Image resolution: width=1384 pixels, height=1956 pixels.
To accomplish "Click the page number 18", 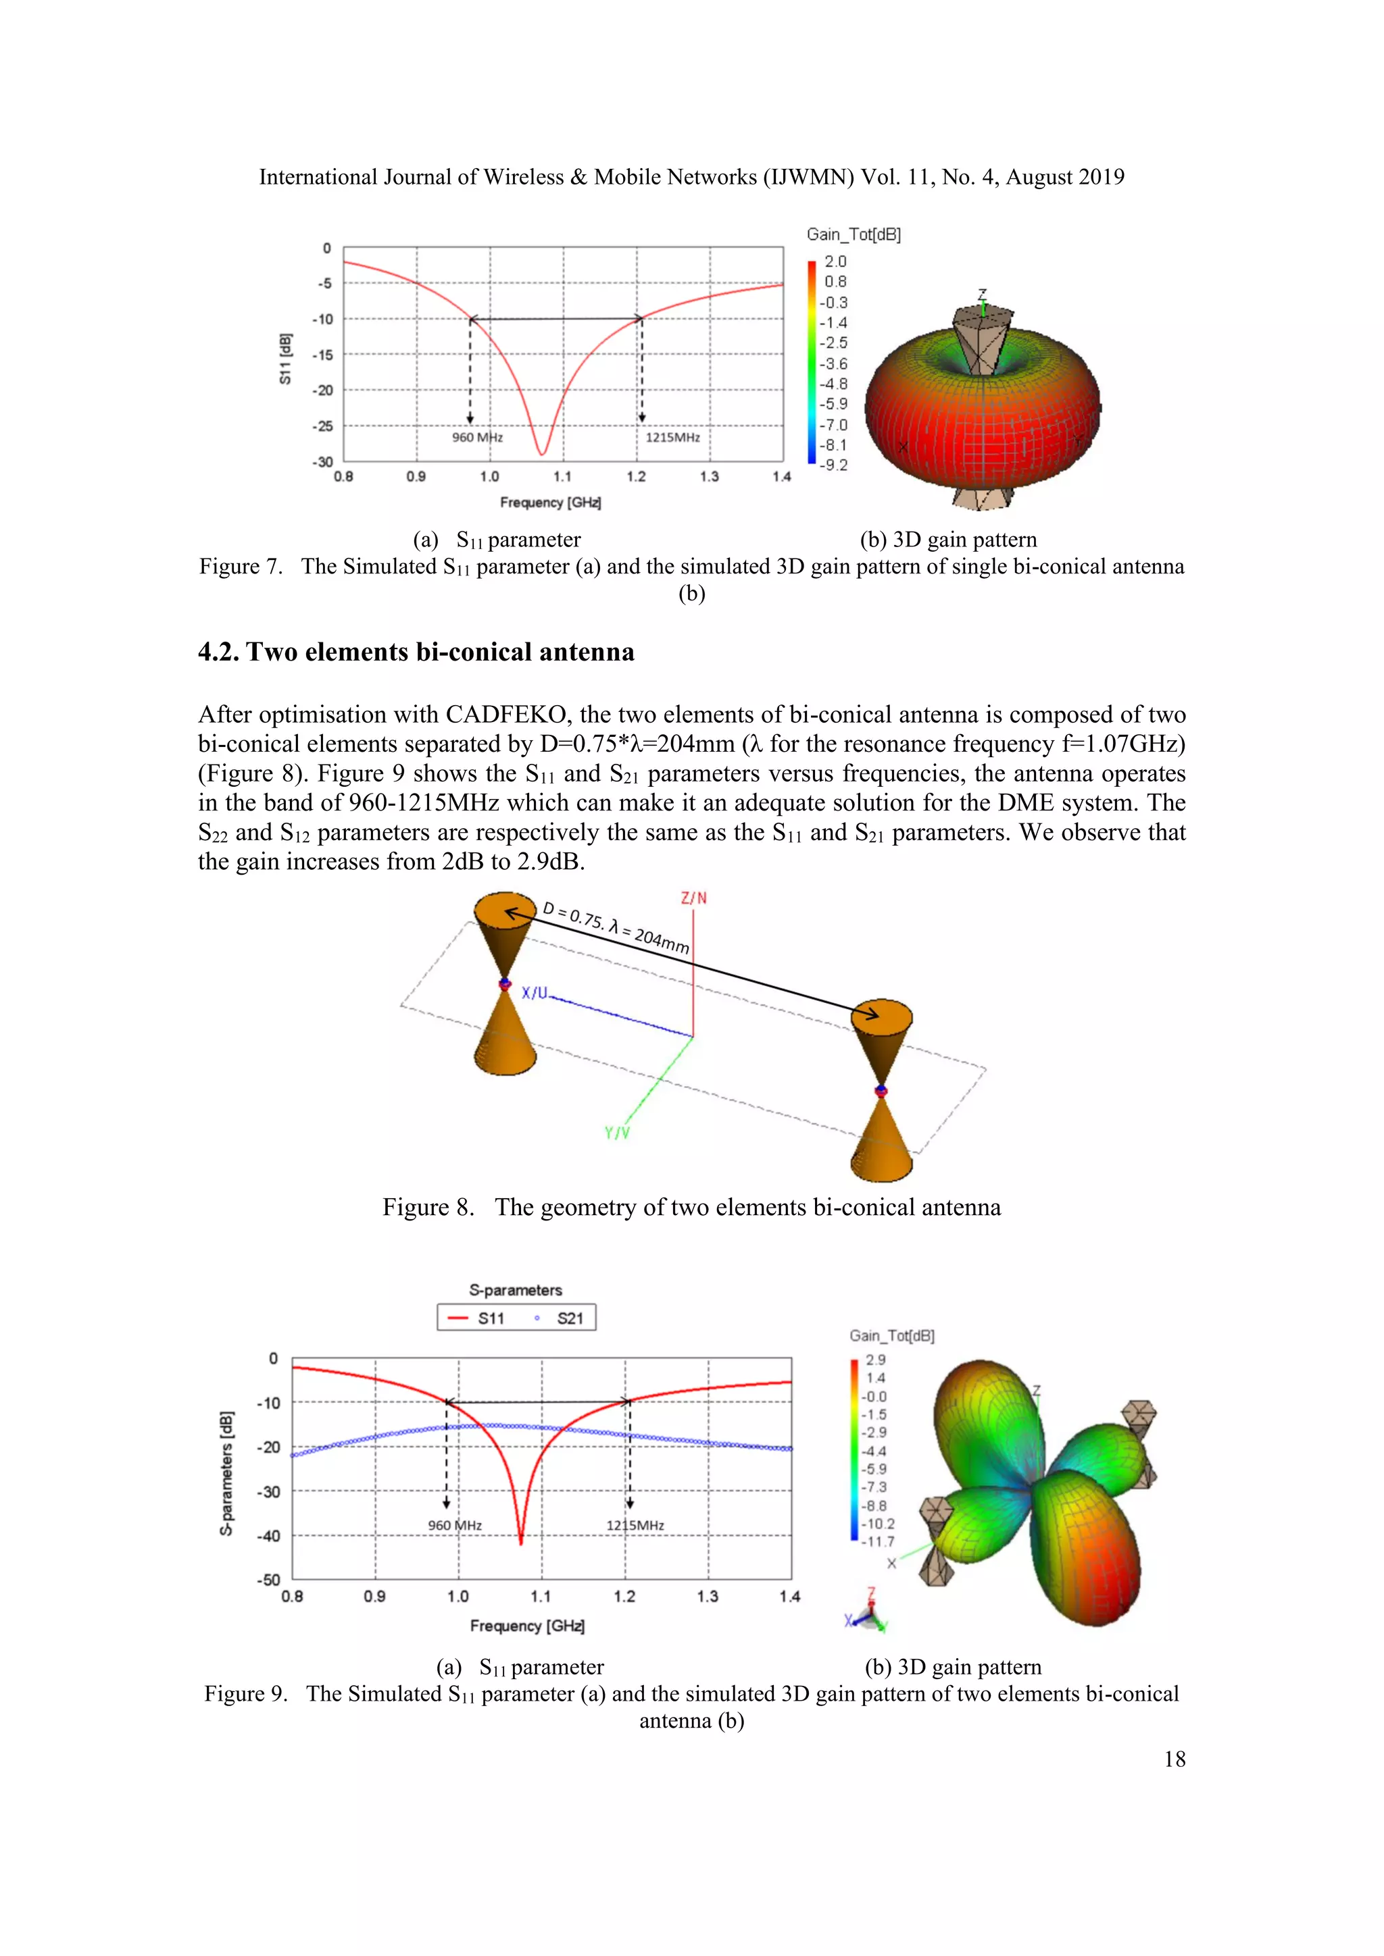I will click(x=1174, y=1759).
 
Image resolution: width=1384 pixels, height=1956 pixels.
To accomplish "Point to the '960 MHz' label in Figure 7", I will click(x=477, y=437).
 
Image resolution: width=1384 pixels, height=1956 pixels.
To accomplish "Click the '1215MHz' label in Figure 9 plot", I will click(x=635, y=1525).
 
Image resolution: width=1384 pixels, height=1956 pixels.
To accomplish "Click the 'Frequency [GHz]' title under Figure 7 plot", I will click(x=551, y=503).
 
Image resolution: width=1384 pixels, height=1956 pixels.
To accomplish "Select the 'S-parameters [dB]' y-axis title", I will click(x=226, y=1473).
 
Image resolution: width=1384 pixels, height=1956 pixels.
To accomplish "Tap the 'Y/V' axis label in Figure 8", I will click(x=617, y=1133).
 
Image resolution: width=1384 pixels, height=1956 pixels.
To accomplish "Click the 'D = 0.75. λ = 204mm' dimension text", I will click(x=616, y=928).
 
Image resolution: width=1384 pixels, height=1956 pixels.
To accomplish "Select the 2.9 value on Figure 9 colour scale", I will click(x=875, y=1360).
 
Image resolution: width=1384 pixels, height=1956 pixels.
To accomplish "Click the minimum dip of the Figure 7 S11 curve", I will click(x=541, y=453).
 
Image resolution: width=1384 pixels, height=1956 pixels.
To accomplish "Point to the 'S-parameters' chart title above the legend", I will click(x=516, y=1290).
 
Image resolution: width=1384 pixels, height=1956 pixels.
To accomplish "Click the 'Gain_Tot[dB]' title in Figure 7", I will click(x=853, y=234).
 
